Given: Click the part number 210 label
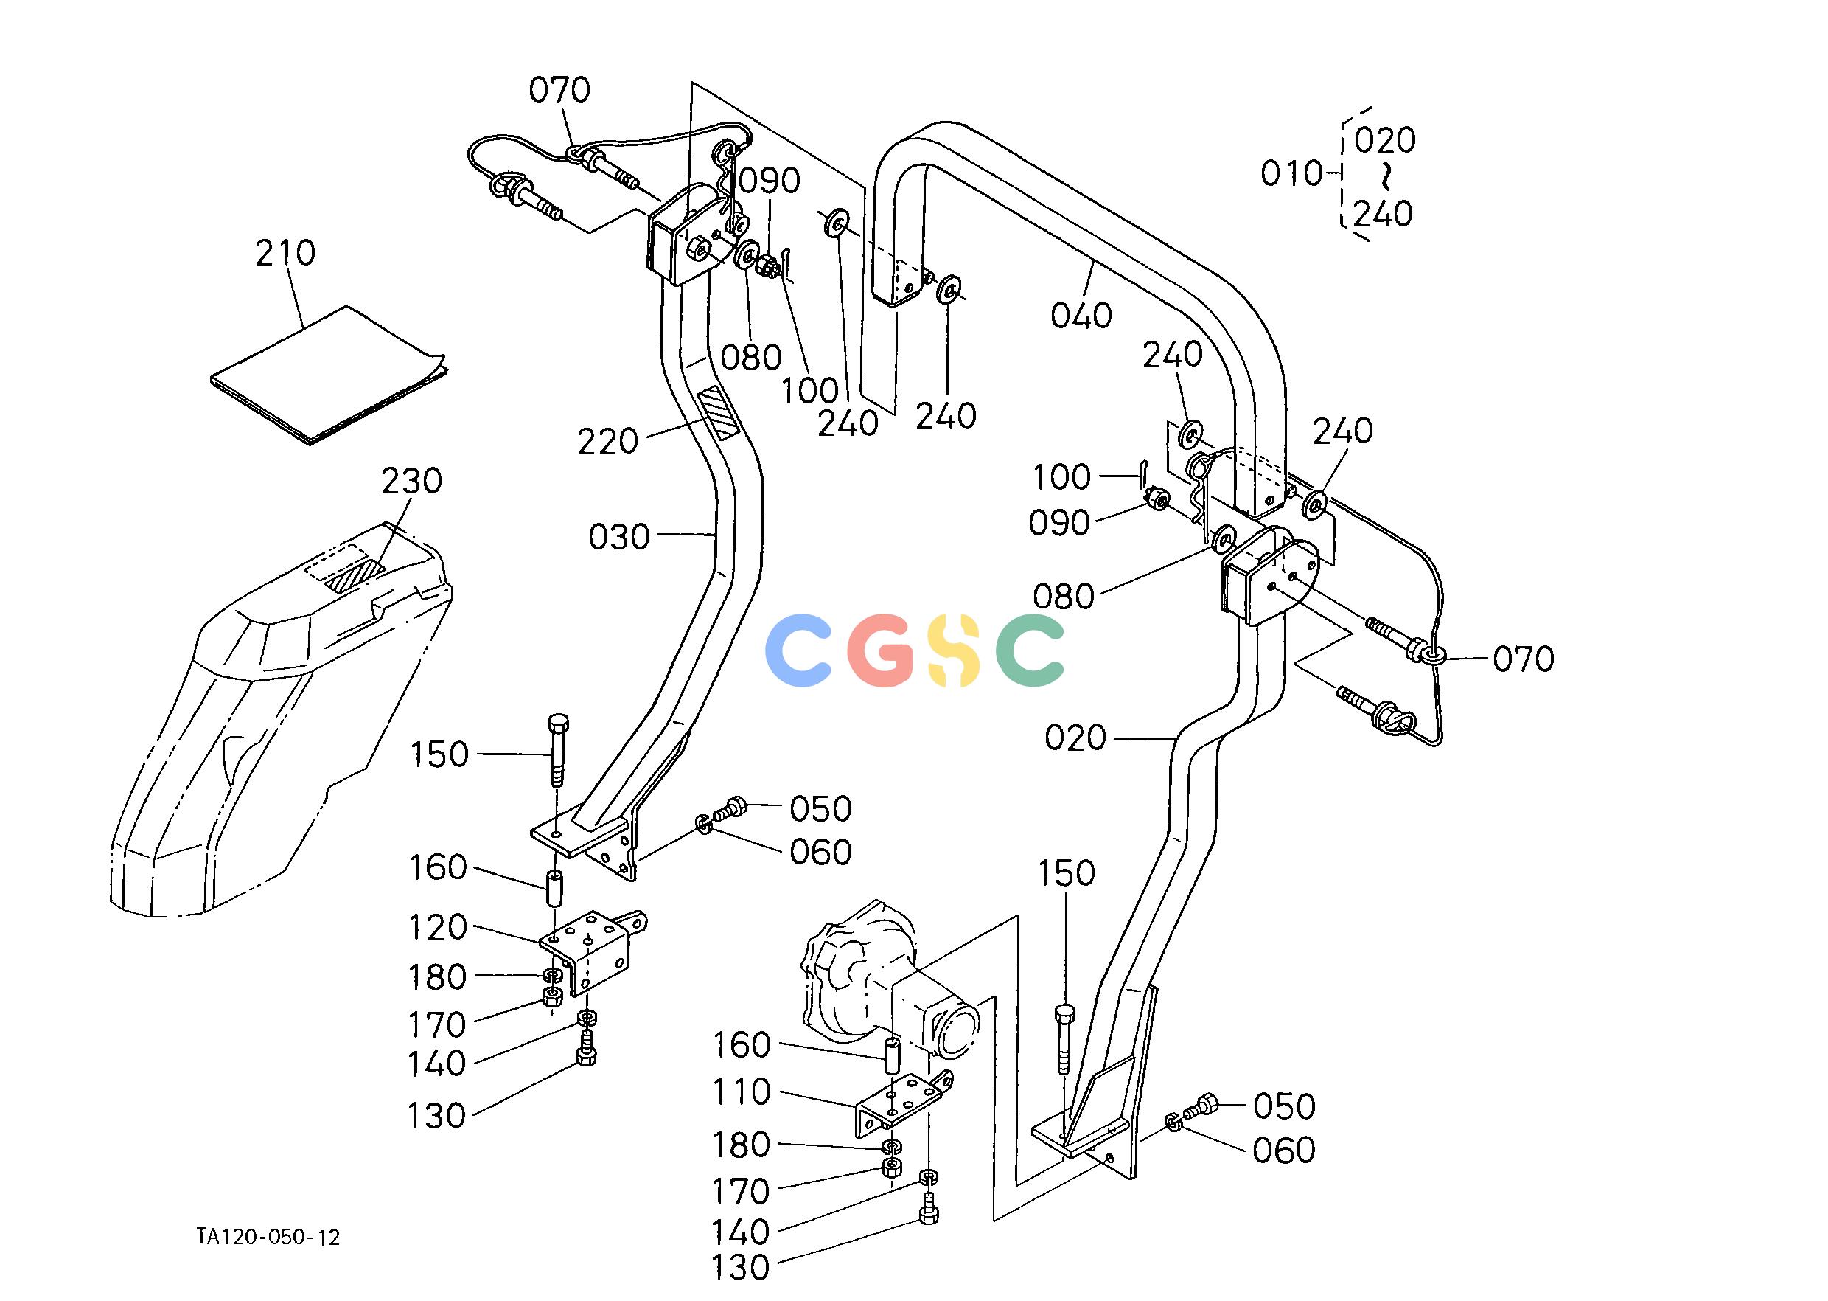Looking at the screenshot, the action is [285, 253].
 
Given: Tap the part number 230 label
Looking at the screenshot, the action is [411, 482].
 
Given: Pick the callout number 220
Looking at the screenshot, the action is [607, 441].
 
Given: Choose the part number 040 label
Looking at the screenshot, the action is [1081, 316].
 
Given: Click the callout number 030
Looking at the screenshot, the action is [619, 537].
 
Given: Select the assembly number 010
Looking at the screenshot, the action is [1291, 173].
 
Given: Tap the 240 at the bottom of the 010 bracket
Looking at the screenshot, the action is [1383, 214].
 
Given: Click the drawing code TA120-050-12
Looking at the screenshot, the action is [268, 1238].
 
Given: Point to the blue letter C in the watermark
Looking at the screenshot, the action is [798, 650].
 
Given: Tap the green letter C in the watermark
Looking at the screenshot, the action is [1030, 650].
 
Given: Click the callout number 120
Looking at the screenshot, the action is [438, 928].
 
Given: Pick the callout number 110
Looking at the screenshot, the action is [742, 1092].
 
